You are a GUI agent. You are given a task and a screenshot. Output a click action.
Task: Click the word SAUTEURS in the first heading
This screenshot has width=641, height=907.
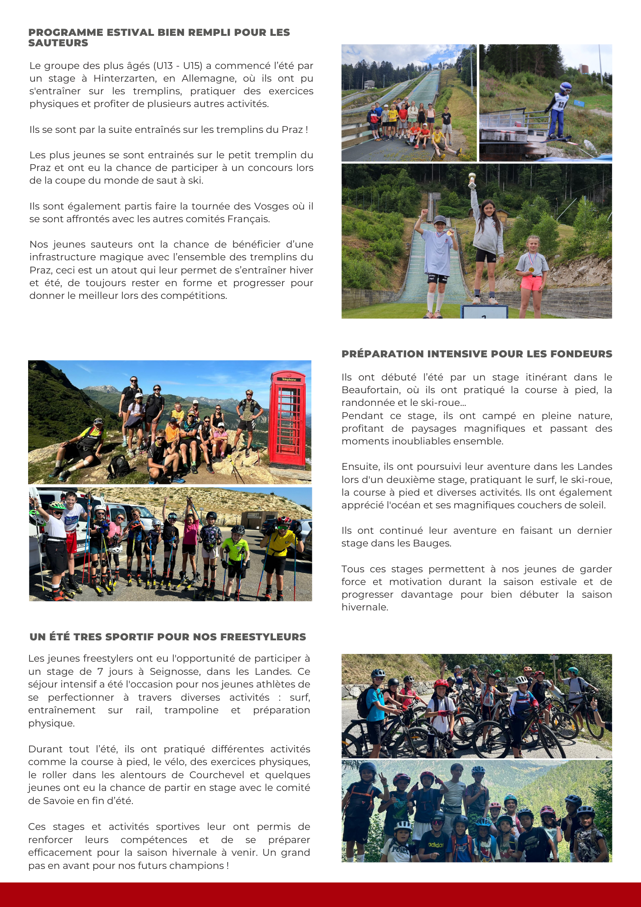[58, 43]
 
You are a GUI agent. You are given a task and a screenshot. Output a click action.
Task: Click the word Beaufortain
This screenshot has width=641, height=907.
[370, 390]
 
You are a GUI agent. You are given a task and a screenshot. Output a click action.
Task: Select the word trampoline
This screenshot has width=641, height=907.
[191, 710]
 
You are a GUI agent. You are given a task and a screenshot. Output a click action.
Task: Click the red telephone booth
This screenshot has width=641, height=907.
[287, 419]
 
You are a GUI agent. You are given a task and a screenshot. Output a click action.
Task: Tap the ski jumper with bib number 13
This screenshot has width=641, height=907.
[558, 111]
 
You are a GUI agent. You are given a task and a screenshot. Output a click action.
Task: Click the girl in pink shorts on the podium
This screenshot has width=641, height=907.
[531, 274]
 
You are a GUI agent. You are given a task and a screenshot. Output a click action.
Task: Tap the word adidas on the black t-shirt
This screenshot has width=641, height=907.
[436, 845]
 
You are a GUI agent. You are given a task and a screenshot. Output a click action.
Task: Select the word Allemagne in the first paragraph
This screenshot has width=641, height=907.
[210, 78]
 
